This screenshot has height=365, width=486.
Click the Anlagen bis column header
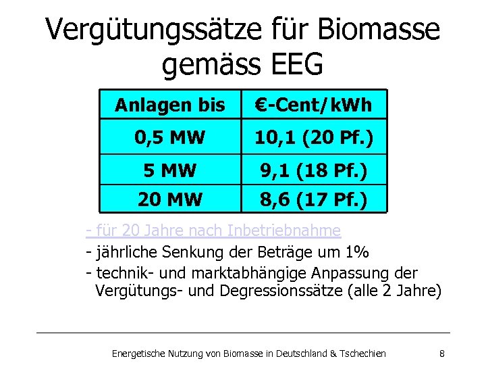tap(169, 105)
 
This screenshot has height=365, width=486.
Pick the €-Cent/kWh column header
tap(313, 105)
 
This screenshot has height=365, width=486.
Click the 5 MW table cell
tap(169, 170)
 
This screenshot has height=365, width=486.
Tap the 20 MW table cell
tap(169, 199)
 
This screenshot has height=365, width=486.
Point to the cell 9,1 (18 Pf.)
tap(313, 170)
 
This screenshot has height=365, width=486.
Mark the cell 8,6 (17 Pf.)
tap(313, 199)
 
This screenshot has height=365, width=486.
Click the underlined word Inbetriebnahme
tap(284, 231)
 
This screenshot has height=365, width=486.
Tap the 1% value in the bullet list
tap(356, 253)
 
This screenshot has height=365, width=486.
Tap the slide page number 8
tap(441, 353)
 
